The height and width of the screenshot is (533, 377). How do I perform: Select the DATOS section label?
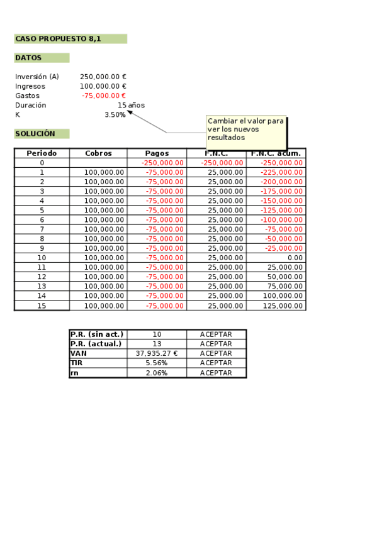[29, 58]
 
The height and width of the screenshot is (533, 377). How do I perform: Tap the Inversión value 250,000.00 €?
[103, 77]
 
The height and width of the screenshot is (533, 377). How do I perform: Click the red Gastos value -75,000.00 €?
[104, 96]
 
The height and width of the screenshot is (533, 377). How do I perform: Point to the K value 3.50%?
[115, 114]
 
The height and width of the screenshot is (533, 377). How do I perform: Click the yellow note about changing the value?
[246, 129]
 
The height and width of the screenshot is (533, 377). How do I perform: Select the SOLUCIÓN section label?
[35, 134]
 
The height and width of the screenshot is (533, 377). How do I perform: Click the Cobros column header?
[98, 153]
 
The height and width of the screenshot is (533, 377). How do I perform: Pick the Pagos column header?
[157, 153]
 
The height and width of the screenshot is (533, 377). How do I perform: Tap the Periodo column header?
[42, 153]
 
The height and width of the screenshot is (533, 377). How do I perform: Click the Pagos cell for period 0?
[162, 163]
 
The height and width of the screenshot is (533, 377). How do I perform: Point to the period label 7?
[42, 229]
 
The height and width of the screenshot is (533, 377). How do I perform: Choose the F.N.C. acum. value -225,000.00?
[281, 172]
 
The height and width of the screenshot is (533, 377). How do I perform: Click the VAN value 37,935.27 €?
[157, 353]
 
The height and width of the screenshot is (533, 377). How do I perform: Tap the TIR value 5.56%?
[157, 363]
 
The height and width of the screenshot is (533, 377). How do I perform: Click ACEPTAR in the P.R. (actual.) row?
[216, 344]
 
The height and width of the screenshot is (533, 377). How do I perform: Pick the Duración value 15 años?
[131, 105]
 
